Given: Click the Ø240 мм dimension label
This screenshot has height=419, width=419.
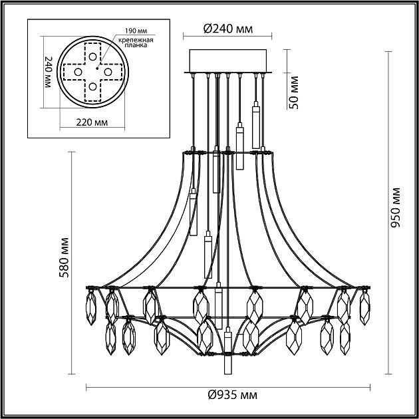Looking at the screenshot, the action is [228, 29].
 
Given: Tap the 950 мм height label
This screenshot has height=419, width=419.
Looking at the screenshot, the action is [396, 208].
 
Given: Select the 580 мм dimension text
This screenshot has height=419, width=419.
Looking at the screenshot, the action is [65, 257].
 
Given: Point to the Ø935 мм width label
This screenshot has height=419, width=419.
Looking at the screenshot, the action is [233, 394].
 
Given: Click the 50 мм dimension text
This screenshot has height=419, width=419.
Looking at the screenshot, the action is [294, 92].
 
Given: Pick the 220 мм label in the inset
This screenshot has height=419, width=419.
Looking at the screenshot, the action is [92, 122].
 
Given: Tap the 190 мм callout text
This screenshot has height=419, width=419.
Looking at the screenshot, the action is [136, 31].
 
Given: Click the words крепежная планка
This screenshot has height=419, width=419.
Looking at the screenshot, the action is [136, 43].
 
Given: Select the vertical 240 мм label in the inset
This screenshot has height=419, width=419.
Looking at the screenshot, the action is [49, 72].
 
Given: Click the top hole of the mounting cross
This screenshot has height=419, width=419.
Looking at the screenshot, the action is [92, 57].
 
